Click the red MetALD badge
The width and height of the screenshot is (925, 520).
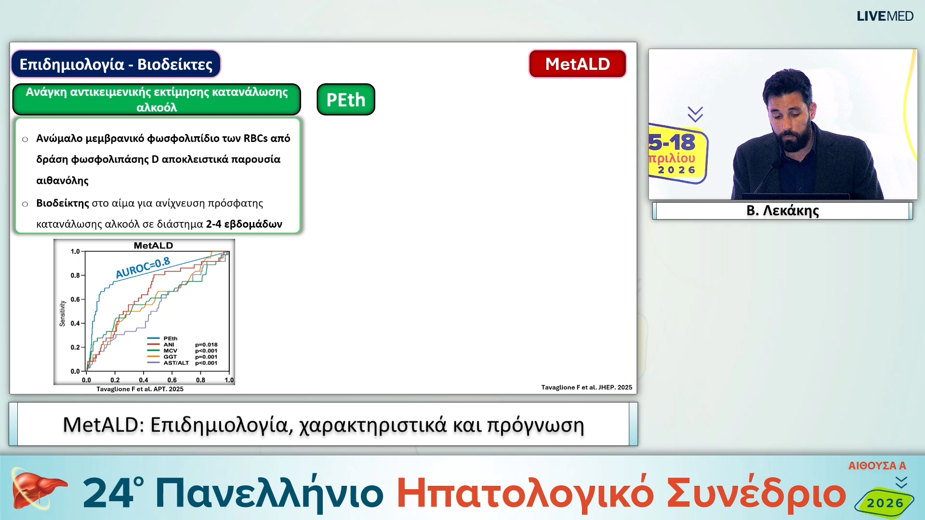[x=577, y=64]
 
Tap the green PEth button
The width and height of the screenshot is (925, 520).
[x=345, y=100]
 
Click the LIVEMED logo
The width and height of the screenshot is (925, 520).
[x=885, y=16]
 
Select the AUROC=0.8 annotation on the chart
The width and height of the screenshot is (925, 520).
[x=143, y=268]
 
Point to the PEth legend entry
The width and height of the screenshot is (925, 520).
[x=170, y=338]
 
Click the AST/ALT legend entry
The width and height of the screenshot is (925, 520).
[x=176, y=363]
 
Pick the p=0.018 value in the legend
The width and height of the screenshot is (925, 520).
[x=206, y=345]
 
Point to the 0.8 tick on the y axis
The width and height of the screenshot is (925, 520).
[x=75, y=275]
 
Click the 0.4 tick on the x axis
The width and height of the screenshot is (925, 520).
[x=144, y=380]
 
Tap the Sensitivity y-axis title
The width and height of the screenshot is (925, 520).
[x=62, y=313]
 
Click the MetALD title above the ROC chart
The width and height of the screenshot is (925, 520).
[x=153, y=246]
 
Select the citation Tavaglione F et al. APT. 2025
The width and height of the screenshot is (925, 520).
[x=140, y=389]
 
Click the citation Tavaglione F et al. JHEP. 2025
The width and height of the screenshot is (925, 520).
[x=586, y=387]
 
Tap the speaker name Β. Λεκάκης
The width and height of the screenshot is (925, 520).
[x=782, y=210]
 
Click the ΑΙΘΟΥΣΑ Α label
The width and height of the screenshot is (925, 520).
[x=877, y=466]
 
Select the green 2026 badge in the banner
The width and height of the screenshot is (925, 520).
[x=885, y=503]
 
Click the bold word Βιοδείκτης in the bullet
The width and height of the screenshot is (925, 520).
[x=63, y=203]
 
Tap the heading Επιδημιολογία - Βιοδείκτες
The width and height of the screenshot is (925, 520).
[x=116, y=64]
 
